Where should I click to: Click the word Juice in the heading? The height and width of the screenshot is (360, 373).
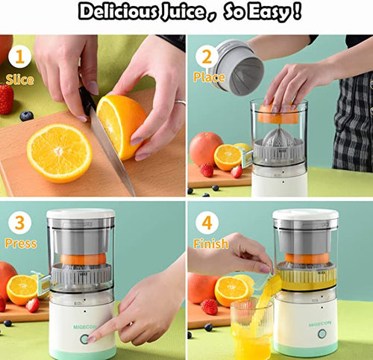[x=183, y=11]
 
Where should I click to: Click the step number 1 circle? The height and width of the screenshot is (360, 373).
[x=20, y=57]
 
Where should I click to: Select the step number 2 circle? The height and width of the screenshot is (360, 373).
[x=207, y=56]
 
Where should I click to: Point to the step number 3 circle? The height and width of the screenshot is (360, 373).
[x=20, y=223]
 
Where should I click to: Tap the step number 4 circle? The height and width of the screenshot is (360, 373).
[x=207, y=223]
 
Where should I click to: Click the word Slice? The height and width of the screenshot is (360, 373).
[x=19, y=80]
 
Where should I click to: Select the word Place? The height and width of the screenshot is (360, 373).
[x=210, y=77]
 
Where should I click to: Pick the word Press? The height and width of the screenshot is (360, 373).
[x=21, y=243]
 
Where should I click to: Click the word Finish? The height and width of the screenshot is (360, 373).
[x=211, y=243]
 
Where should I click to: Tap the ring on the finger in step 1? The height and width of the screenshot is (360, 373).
[x=181, y=102]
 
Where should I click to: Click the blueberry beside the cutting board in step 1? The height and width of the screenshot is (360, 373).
[x=27, y=116]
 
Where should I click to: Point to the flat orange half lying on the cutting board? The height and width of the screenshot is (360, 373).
[x=60, y=153]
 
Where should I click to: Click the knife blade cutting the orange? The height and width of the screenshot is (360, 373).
[x=112, y=151]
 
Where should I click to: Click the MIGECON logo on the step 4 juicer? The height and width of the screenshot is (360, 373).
[x=320, y=323]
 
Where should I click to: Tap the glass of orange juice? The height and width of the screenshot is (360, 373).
[x=251, y=329]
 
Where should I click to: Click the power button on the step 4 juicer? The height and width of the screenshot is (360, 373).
[x=322, y=334]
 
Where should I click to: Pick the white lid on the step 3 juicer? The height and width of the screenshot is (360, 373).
[x=81, y=214]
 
